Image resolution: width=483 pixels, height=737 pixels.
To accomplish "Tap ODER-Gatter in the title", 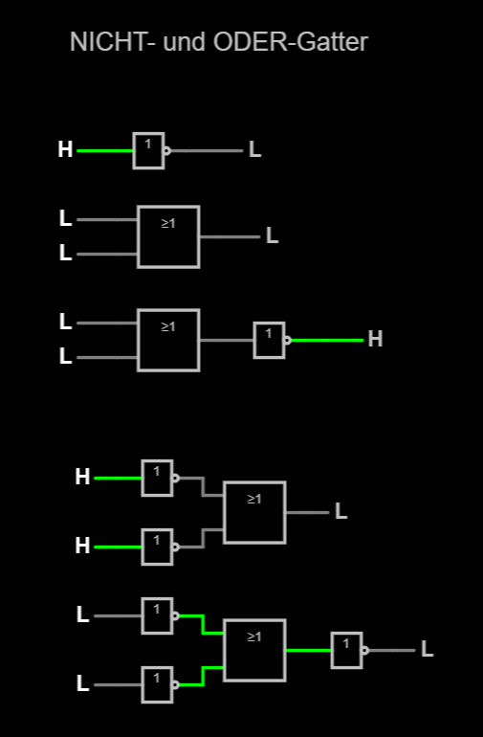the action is point(291,42).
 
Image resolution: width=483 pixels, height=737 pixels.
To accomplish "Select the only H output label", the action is point(375,339).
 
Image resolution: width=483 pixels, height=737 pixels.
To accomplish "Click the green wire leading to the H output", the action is point(327,341).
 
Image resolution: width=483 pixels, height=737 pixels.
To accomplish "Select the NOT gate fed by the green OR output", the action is point(349,651).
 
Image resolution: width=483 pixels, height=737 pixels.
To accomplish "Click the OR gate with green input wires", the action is point(254,651).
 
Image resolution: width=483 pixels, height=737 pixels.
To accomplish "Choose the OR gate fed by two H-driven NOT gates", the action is point(254,512).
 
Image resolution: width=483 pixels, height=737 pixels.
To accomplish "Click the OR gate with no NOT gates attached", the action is point(168,237).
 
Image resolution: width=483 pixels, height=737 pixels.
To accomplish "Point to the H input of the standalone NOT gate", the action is point(65,150).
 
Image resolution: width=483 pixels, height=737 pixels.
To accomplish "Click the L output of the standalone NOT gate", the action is point(254,150).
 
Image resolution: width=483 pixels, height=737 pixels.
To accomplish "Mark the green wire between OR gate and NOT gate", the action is point(309,651).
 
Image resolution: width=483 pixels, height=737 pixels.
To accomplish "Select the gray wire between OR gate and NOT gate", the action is point(227,341).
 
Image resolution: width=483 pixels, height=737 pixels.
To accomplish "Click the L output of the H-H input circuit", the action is point(341,511).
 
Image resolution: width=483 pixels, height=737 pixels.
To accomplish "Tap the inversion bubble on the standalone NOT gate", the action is point(166,151).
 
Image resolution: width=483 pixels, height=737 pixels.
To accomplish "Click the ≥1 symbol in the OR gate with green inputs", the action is point(254,636).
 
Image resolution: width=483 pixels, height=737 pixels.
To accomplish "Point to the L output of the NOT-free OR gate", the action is point(273,235).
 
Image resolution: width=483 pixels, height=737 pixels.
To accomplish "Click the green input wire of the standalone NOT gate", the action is point(105,151).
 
